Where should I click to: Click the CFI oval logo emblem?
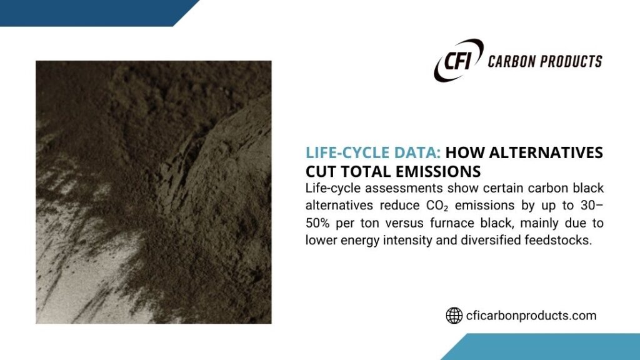[x=458, y=60]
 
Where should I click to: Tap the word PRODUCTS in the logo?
[x=574, y=61]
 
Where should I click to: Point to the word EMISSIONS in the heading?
[x=438, y=171]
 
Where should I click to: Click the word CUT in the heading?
[x=321, y=171]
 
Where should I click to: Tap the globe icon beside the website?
[x=454, y=316]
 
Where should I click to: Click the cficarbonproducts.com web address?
[x=531, y=316]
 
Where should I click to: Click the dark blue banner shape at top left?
[x=87, y=11]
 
